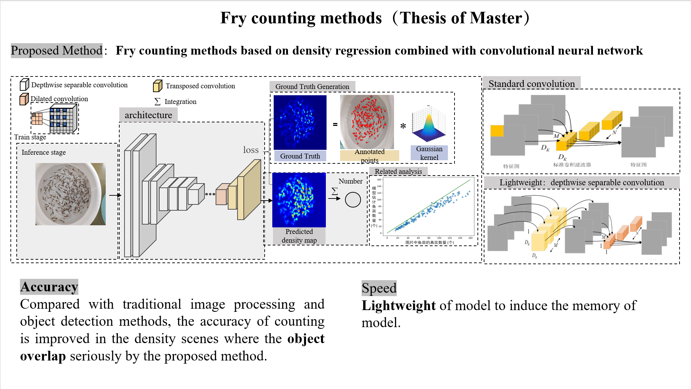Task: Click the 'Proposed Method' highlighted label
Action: (57, 51)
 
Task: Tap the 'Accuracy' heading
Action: (49, 287)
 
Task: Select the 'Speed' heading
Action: (379, 288)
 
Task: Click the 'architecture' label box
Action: (148, 115)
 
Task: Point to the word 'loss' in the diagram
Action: (251, 150)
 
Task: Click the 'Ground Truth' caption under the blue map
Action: (300, 156)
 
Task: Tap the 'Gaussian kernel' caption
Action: (429, 153)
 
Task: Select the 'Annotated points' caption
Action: (369, 156)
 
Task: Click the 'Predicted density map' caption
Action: (299, 236)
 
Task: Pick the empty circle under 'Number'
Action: (353, 200)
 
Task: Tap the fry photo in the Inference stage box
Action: (71, 194)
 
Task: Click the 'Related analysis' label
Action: (398, 171)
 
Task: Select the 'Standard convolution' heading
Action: (531, 84)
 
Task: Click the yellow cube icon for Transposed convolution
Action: (158, 86)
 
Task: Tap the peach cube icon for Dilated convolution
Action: (24, 99)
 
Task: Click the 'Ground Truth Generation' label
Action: (312, 87)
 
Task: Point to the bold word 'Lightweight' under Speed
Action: (399, 306)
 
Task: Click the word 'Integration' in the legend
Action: (180, 102)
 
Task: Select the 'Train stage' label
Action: (30, 137)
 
